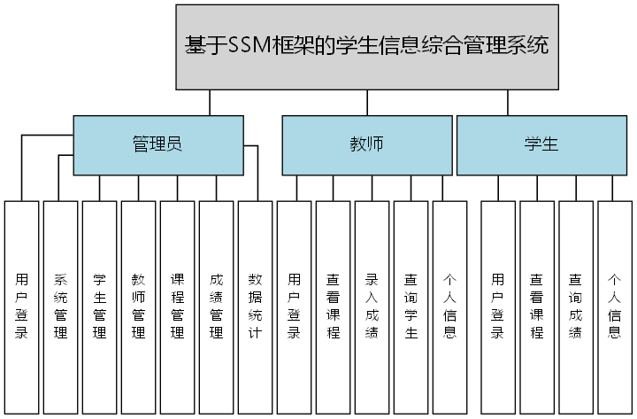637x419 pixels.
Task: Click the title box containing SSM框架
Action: pyautogui.click(x=367, y=46)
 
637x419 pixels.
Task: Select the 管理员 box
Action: pyautogui.click(x=157, y=144)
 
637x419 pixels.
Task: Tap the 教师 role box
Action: pyautogui.click(x=366, y=144)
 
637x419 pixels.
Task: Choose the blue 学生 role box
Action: pyautogui.click(x=541, y=144)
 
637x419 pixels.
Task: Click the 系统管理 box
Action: pyautogui.click(x=61, y=306)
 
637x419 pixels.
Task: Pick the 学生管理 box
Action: pyautogui.click(x=100, y=306)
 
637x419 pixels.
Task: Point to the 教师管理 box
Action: pyautogui.click(x=139, y=306)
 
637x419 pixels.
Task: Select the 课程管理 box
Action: pyautogui.click(x=178, y=306)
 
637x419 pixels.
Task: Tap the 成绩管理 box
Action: pyautogui.click(x=217, y=306)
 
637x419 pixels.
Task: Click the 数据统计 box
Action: pyautogui.click(x=256, y=306)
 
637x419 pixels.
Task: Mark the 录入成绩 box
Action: pyautogui.click(x=372, y=306)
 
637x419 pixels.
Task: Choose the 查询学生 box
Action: pyautogui.click(x=411, y=306)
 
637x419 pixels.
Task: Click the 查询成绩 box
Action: pyautogui.click(x=576, y=306)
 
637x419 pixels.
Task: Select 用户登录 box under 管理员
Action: pyautogui.click(x=22, y=306)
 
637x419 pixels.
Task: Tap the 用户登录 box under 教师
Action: pyautogui.click(x=295, y=306)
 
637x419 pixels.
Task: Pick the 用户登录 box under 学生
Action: pyautogui.click(x=498, y=306)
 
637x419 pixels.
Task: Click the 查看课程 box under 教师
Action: pyautogui.click(x=334, y=306)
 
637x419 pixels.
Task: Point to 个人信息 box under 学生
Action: pyautogui.click(x=615, y=306)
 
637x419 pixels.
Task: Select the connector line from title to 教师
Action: pyautogui.click(x=368, y=103)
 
